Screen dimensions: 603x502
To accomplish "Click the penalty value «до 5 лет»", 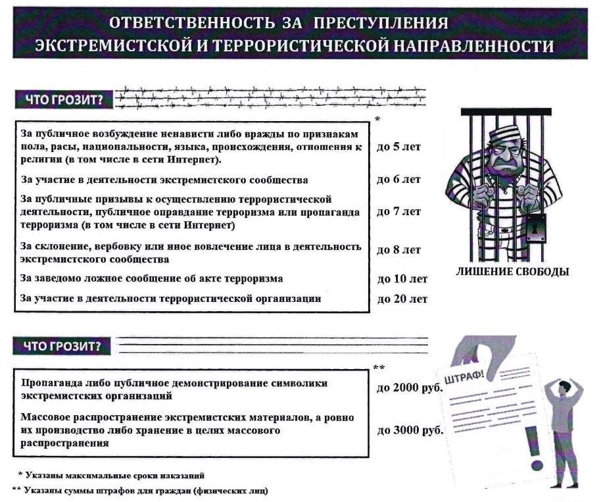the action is click(x=398, y=147).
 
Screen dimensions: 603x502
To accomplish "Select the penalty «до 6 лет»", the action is click(x=398, y=179).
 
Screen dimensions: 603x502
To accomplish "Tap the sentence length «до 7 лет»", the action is click(x=398, y=212).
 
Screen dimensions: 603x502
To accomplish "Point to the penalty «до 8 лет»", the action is click(x=398, y=250).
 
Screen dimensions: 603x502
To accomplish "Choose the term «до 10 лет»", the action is click(x=402, y=279).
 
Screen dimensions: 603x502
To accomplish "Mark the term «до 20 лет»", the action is click(x=402, y=299).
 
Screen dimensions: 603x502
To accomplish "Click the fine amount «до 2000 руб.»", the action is click(x=410, y=388).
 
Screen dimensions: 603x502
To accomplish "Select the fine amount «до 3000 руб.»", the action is click(x=410, y=430).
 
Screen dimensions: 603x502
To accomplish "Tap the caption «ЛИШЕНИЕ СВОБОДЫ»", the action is click(x=512, y=272).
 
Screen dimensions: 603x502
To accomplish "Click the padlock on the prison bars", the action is click(x=536, y=229).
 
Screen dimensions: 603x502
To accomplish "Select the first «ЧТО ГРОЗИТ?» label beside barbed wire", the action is click(x=64, y=100).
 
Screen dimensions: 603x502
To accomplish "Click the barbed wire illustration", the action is click(x=270, y=97).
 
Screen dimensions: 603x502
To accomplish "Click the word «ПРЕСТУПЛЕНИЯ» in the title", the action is click(x=381, y=23).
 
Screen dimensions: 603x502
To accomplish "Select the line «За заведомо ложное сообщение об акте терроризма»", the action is click(x=151, y=278).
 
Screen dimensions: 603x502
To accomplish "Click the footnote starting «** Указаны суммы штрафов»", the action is click(x=140, y=491).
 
